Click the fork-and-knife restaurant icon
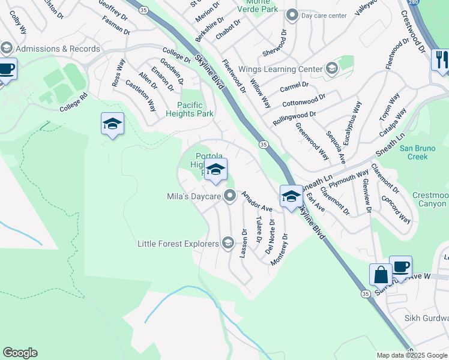click(x=440, y=59)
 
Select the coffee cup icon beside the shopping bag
click(x=400, y=266)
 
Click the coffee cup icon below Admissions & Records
click(x=7, y=69)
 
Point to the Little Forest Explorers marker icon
click(x=228, y=242)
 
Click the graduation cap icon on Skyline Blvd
click(x=291, y=196)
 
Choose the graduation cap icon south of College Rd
click(x=112, y=124)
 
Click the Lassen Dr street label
click(x=244, y=243)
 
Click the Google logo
click(x=20, y=353)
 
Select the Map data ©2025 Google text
click(x=411, y=355)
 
